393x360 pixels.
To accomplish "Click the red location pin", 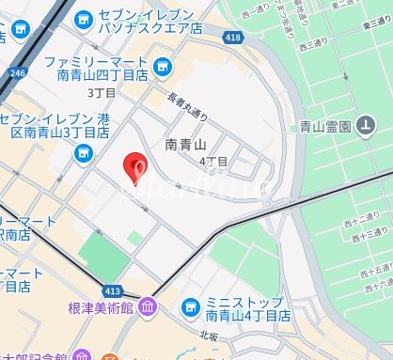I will (137, 168).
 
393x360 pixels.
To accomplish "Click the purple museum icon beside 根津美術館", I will (149, 308).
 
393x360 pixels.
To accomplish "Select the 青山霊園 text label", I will (325, 126).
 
